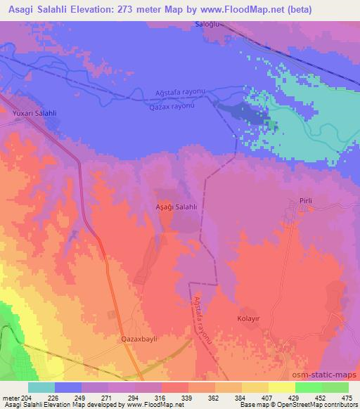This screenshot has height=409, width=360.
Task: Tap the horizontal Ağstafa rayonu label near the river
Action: click(179, 93)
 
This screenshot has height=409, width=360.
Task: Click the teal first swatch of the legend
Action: click(41, 387)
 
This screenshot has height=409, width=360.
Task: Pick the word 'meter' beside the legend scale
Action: click(11, 397)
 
